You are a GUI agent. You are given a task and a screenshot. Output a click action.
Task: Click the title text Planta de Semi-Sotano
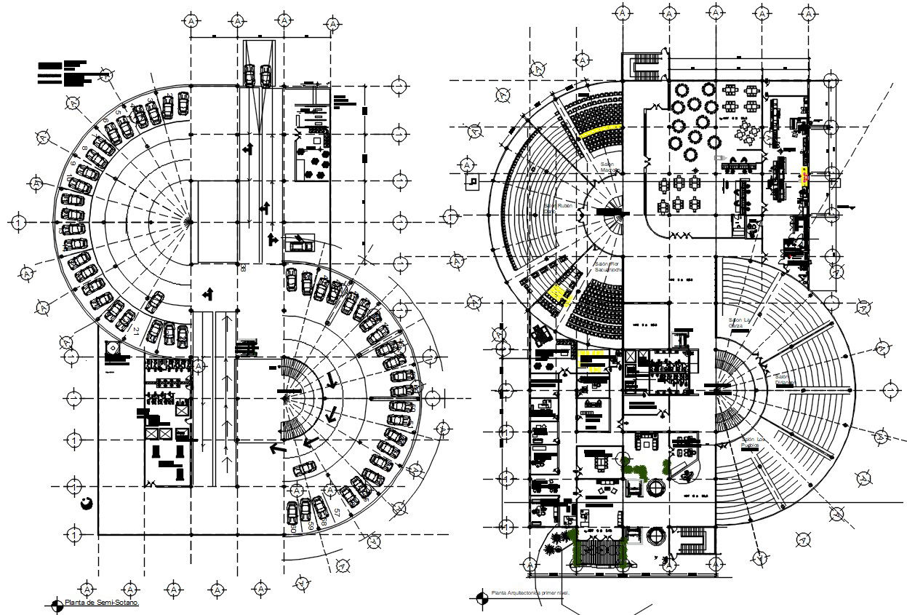102,603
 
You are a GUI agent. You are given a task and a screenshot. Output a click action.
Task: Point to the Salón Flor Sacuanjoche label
605,266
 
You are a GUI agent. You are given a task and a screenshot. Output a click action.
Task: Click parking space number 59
311,525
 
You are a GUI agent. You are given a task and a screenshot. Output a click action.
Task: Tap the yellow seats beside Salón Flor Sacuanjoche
557,293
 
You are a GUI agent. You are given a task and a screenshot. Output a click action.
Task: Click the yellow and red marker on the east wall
804,175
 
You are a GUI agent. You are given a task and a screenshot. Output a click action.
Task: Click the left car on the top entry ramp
249,74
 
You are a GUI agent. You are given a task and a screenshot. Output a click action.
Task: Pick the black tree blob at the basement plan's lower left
87,503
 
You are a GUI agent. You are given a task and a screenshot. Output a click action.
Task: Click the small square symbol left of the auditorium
474,180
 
